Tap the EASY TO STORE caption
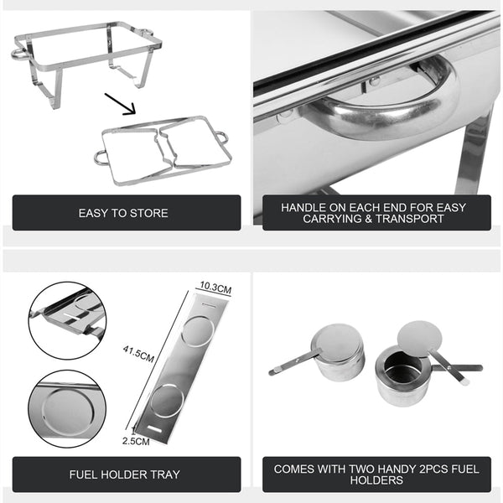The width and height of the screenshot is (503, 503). [123, 213]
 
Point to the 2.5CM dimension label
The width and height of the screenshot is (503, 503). [136, 441]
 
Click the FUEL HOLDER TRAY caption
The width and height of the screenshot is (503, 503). [123, 474]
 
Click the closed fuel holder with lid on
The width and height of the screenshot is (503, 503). [340, 352]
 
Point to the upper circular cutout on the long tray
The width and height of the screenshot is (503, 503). [197, 333]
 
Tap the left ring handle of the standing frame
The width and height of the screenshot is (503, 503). [18, 53]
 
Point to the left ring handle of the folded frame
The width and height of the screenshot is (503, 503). [101, 157]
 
